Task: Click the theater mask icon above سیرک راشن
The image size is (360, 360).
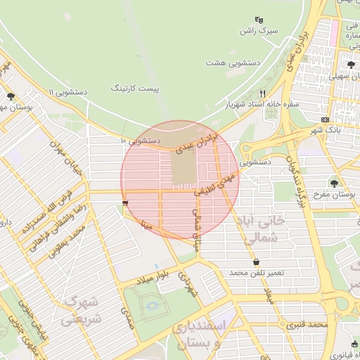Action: click(259, 20)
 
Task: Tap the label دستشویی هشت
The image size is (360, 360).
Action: click(233, 63)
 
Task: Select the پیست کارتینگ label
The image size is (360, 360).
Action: click(135, 89)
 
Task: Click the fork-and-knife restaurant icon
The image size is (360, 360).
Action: click(263, 93)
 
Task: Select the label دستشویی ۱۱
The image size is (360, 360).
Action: click(67, 92)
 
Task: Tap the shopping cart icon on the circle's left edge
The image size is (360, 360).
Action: click(125, 202)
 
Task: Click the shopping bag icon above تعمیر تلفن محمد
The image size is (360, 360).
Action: click(257, 261)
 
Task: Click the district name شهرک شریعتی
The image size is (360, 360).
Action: click(82, 310)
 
